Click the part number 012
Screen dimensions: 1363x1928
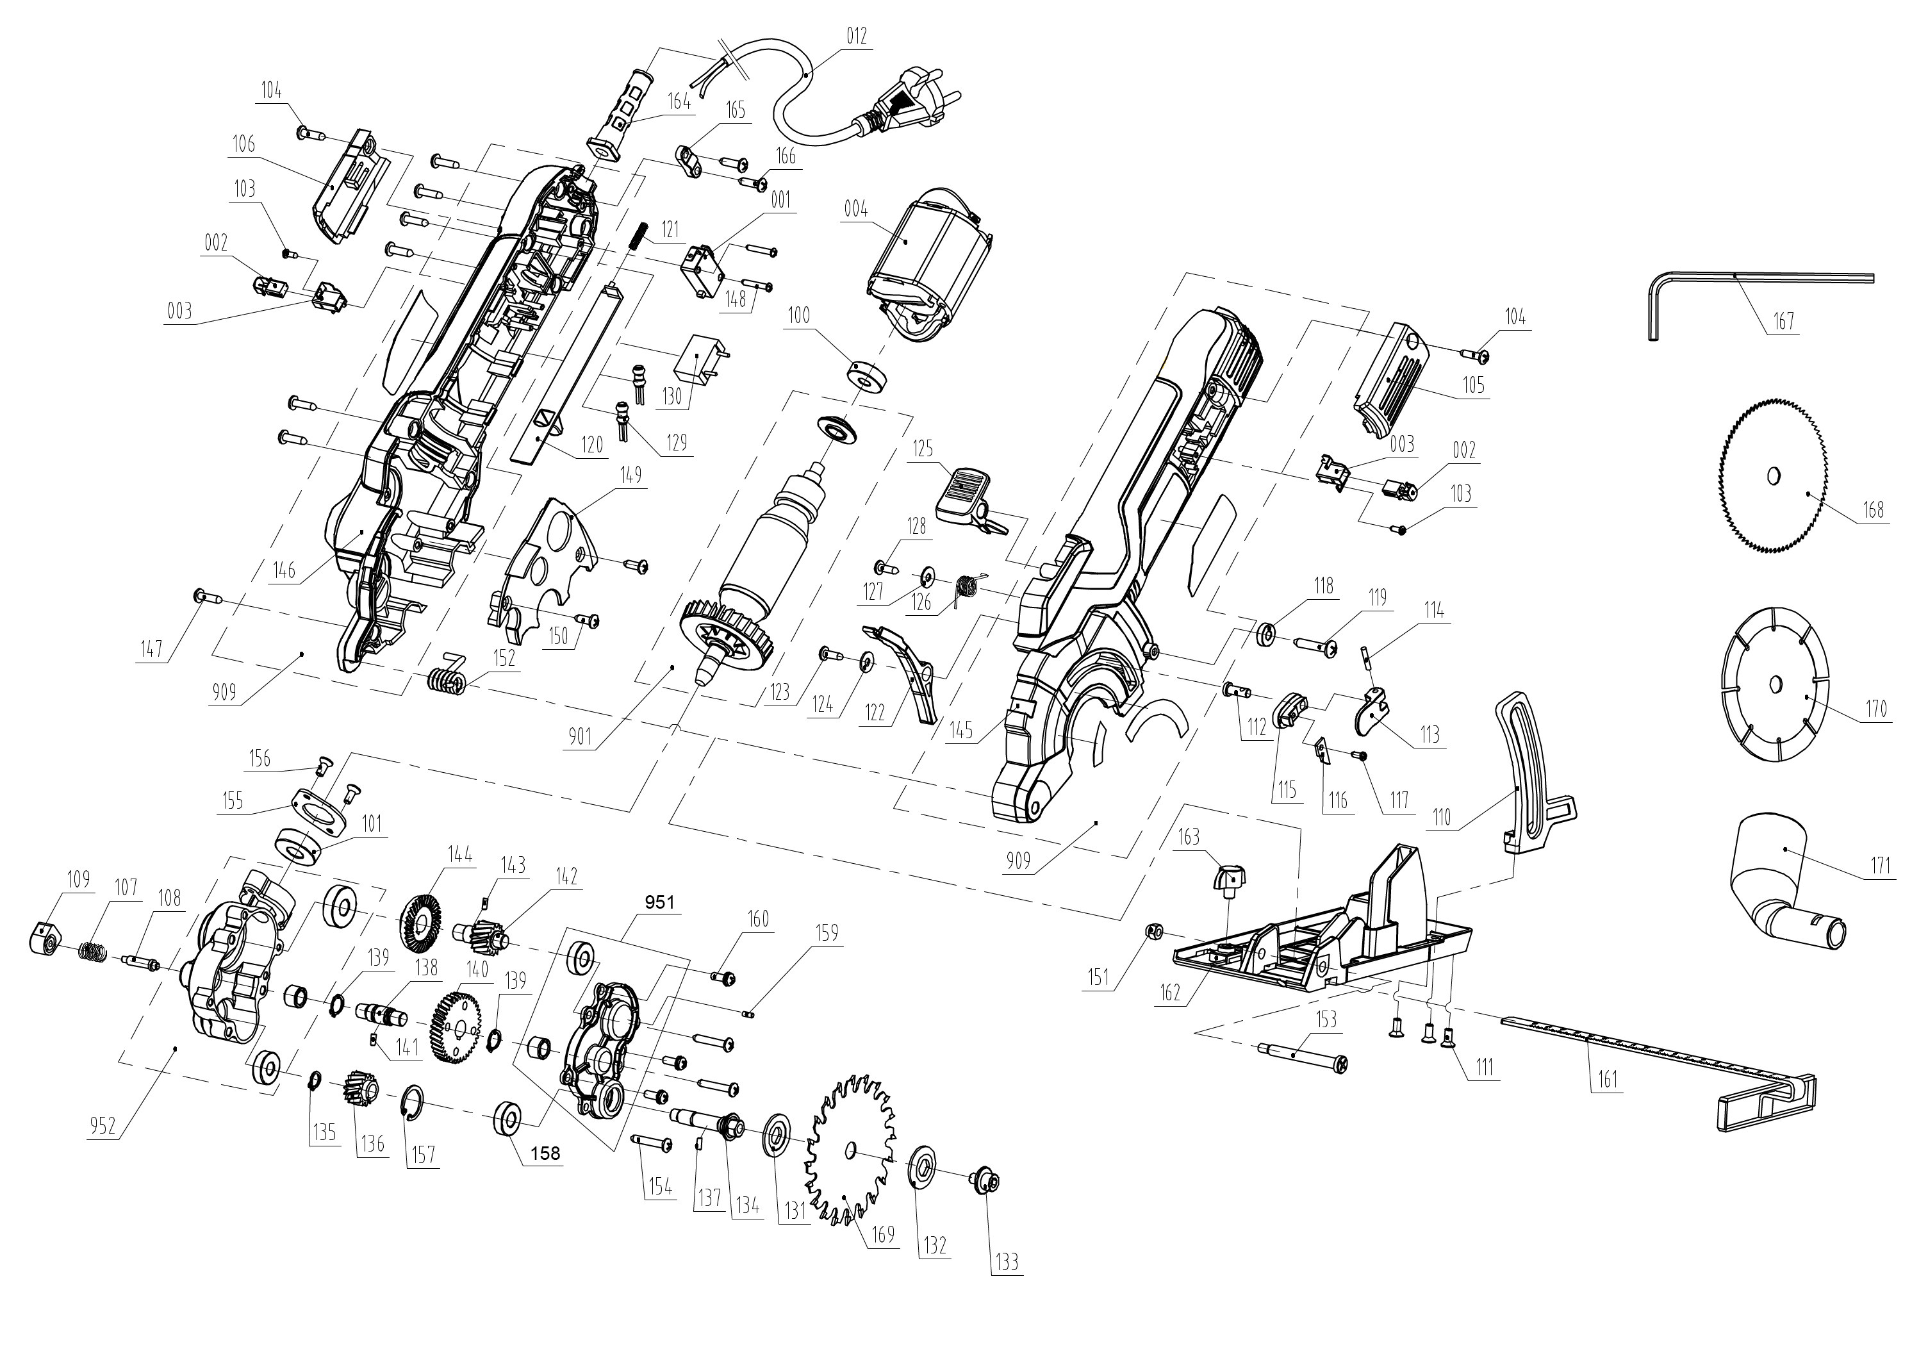click(x=857, y=36)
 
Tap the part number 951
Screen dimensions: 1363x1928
click(x=659, y=902)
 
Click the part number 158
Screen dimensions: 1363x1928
click(x=545, y=1153)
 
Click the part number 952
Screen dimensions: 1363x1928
click(x=103, y=1125)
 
